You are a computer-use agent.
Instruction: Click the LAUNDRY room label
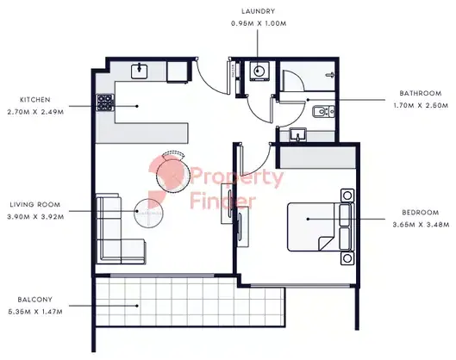pyautogui.click(x=258, y=11)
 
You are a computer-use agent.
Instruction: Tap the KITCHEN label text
pyautogui.click(x=34, y=100)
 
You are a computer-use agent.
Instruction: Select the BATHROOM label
pyautogui.click(x=421, y=93)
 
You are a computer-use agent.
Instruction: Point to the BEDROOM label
pyautogui.click(x=421, y=213)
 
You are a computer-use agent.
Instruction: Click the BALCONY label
pyautogui.click(x=34, y=300)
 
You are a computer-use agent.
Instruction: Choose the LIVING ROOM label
pyautogui.click(x=35, y=205)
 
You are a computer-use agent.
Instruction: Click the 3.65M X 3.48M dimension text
pyautogui.click(x=421, y=225)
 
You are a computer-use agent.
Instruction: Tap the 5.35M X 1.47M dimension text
pyautogui.click(x=35, y=312)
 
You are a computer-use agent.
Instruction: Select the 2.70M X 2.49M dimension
pyautogui.click(x=35, y=112)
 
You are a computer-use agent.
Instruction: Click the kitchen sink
pyautogui.click(x=140, y=71)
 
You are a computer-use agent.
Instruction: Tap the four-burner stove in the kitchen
pyautogui.click(x=105, y=102)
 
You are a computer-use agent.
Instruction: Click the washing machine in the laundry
pyautogui.click(x=258, y=71)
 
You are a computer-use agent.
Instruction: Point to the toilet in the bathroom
pyautogui.click(x=323, y=112)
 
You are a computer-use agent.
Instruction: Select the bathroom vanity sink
pyautogui.click(x=297, y=135)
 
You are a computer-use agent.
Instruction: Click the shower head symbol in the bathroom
pyautogui.click(x=331, y=75)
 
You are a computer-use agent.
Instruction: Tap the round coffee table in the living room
pyautogui.click(x=148, y=213)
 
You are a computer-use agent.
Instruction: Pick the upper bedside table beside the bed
pyautogui.click(x=347, y=196)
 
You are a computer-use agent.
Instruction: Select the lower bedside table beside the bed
pyautogui.click(x=347, y=258)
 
